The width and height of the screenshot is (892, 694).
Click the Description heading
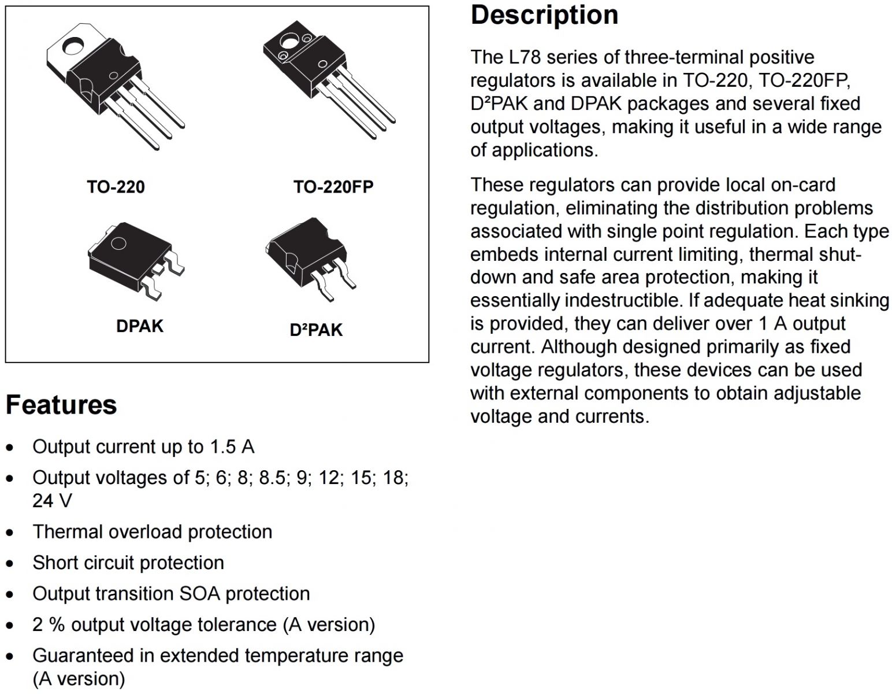click(544, 15)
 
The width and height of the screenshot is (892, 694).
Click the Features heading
click(61, 404)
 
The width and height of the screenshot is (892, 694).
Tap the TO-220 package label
click(116, 187)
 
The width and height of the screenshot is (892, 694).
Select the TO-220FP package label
click(333, 187)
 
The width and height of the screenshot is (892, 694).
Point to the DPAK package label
click(139, 326)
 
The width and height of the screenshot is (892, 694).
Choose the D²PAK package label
click(316, 330)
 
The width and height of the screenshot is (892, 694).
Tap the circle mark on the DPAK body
click(118, 243)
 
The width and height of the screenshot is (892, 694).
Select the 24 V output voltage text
click(52, 501)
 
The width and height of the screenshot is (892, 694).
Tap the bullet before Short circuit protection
click(10, 564)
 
